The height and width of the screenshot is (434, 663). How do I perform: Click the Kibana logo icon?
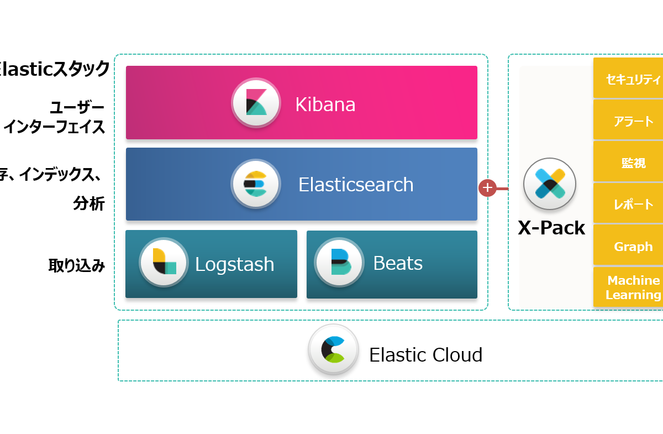256,103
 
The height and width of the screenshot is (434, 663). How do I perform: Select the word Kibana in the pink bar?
325,104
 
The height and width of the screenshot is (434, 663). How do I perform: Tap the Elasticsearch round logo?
255,184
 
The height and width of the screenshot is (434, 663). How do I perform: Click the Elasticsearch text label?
356,185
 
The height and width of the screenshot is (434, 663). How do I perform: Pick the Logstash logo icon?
164,262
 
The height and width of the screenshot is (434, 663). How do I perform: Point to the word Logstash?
234,264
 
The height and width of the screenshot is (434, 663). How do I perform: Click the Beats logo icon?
339,262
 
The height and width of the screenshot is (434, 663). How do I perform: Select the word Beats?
398,263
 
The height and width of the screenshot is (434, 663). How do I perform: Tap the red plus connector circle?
487,188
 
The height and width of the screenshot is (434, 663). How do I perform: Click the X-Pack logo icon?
549,184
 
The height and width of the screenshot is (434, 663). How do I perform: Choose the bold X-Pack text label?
551,227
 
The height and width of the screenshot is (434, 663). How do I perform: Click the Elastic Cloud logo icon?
334,349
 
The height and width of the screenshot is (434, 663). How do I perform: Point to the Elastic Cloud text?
425,354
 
